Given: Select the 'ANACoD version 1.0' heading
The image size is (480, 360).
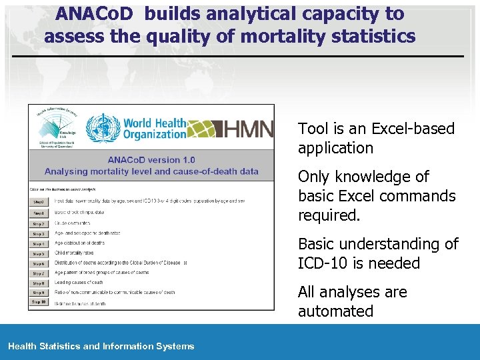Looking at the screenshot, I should pos(151,159).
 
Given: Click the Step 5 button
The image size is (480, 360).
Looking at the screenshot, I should pos(39,254).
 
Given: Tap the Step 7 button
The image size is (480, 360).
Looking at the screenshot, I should pos(39,273).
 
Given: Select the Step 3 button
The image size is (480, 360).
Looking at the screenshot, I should pos(39,234).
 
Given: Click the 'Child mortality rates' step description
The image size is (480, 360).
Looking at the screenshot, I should pos(75,254).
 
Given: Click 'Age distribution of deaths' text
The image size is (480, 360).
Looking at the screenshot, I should pos(87,244).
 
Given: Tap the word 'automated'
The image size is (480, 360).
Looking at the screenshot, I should pos(335,311).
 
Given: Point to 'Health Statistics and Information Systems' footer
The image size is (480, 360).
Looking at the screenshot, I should pos(101,346).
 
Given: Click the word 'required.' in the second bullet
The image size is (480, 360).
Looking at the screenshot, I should pos(329,215).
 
